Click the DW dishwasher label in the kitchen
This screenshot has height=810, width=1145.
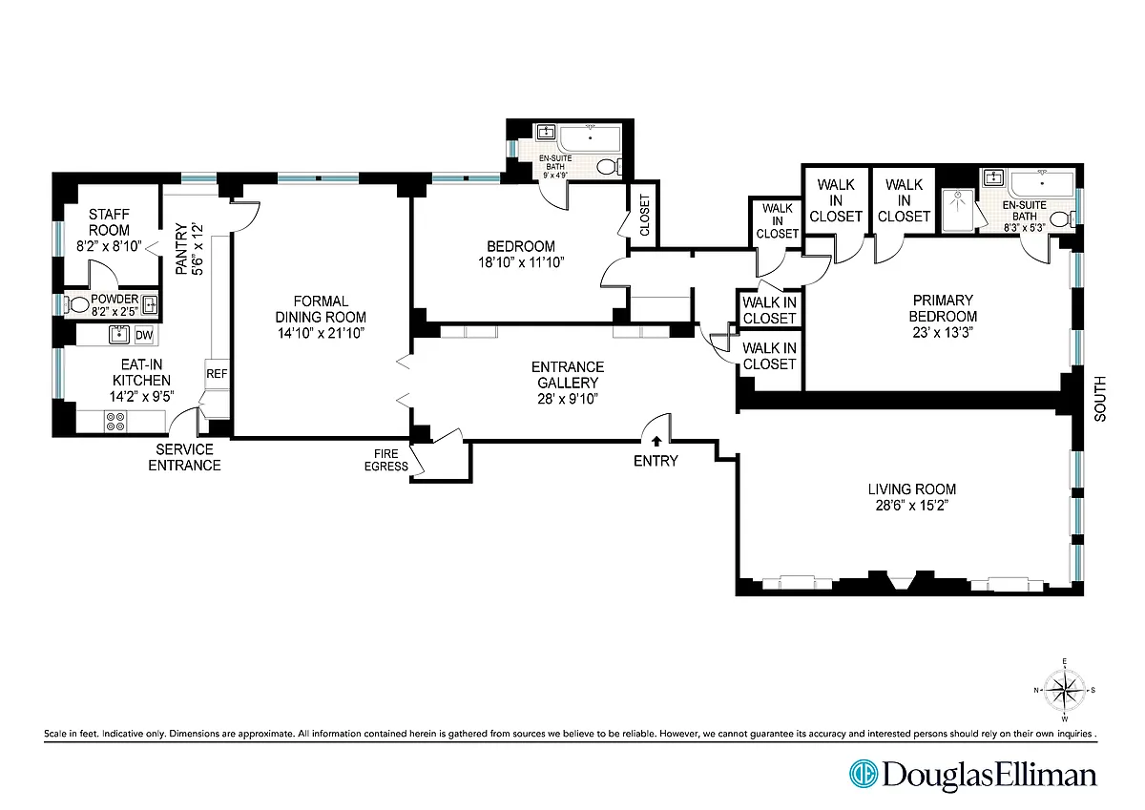(144, 335)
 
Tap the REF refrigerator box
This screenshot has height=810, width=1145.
(217, 374)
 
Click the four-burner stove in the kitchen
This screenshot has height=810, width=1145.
(115, 421)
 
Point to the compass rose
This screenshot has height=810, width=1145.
(1065, 691)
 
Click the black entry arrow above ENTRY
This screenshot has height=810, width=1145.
(656, 441)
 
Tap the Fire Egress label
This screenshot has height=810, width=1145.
(385, 460)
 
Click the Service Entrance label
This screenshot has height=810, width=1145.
(184, 457)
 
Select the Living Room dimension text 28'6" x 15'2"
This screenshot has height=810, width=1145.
(912, 506)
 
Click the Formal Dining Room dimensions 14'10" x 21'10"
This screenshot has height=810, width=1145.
(321, 333)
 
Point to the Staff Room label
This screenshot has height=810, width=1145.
(109, 222)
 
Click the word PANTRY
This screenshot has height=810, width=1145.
(181, 249)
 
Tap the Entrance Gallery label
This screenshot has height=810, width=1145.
(568, 375)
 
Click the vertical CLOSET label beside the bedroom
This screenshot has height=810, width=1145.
(645, 216)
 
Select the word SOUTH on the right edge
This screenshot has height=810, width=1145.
(1100, 399)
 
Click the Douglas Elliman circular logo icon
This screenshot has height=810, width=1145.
(864, 774)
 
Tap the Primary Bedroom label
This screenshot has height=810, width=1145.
(943, 308)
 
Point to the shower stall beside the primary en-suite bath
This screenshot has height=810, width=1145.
(957, 210)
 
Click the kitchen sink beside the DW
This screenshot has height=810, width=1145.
(119, 335)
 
